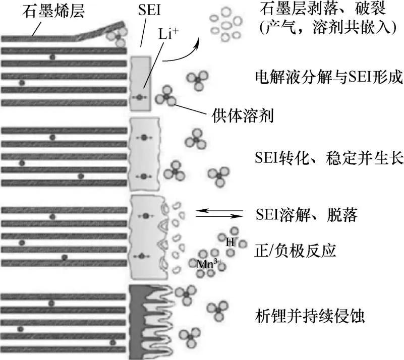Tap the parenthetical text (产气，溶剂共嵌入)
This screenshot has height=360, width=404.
coord(325,28)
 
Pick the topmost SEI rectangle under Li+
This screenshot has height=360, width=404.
coord(141,83)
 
